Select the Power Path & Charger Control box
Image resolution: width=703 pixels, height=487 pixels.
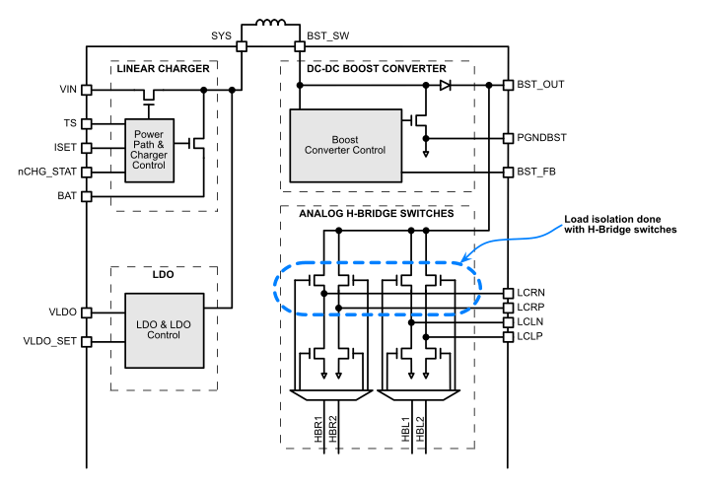[x=149, y=150]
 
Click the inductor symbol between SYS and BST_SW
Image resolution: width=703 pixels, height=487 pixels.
[x=270, y=27]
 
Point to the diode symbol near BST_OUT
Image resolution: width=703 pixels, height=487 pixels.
[x=446, y=86]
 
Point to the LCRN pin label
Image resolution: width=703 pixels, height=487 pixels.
[x=532, y=292]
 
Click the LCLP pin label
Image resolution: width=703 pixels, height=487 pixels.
[x=532, y=336]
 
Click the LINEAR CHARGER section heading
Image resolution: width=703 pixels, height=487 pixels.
[x=163, y=69]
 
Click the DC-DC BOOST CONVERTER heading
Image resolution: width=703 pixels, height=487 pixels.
[x=374, y=69]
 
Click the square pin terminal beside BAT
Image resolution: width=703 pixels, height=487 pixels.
[x=87, y=196]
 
